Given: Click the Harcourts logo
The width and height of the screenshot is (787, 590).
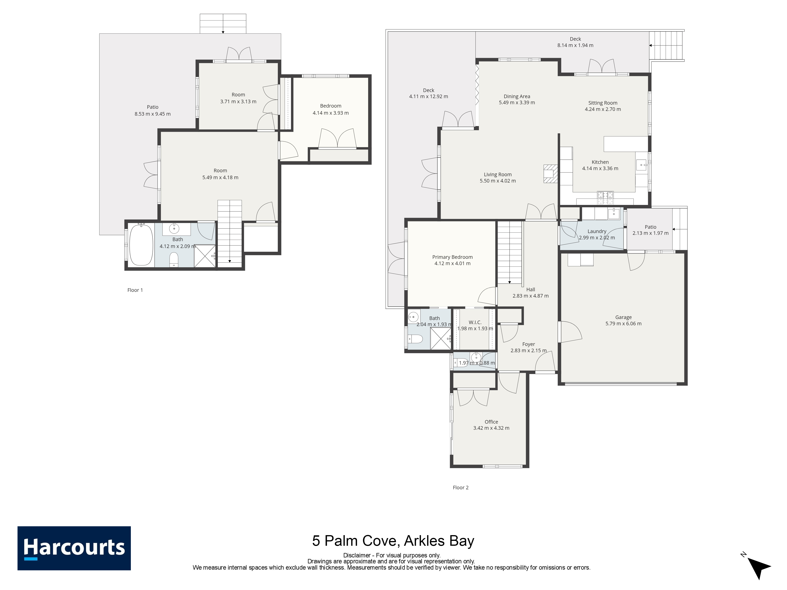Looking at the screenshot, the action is tap(74, 548).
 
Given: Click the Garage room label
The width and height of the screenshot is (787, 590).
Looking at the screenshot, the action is tap(623, 317).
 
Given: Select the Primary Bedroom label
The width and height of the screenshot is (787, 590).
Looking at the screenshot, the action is tap(452, 257).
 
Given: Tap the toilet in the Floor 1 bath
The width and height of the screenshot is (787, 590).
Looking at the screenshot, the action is tap(174, 259).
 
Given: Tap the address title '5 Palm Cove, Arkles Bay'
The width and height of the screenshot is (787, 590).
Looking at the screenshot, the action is tap(393, 541).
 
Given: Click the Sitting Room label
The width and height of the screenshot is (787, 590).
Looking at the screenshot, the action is tap(603, 103).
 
